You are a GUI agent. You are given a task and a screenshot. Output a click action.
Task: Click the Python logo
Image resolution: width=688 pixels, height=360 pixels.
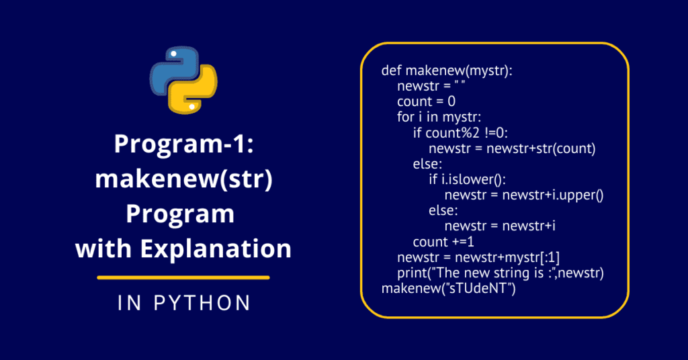(x=183, y=80)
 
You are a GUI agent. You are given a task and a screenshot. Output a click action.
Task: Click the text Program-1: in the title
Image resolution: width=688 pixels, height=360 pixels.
(x=184, y=143)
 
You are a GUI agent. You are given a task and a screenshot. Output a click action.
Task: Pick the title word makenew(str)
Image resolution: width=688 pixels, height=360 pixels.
(x=184, y=179)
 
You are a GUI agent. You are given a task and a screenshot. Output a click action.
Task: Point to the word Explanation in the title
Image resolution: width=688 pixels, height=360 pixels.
(x=216, y=249)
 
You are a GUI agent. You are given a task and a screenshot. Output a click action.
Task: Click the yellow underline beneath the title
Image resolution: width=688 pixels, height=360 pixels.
(x=183, y=277)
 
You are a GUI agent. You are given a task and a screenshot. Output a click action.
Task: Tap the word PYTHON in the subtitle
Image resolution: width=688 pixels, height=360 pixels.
(x=202, y=303)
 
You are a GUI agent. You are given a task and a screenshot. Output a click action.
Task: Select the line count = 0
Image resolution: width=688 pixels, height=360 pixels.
(x=426, y=101)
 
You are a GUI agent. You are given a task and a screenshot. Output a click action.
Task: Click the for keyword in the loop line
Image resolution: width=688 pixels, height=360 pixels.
(x=405, y=117)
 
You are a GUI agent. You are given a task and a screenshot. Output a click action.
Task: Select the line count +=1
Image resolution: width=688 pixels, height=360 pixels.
(x=443, y=242)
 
